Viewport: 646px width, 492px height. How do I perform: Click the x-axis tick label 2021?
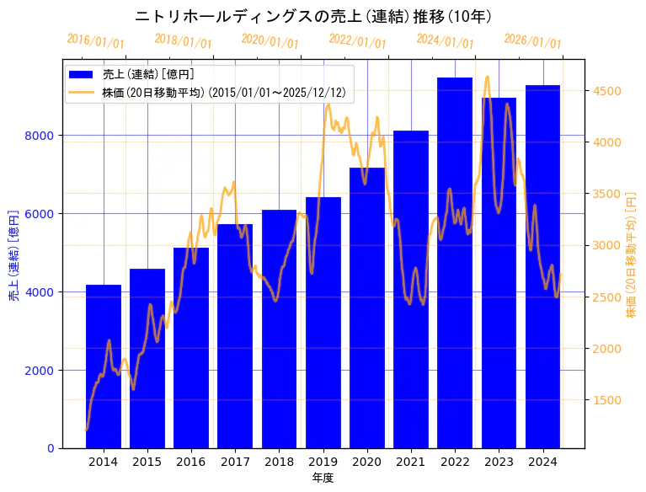tap(411, 462)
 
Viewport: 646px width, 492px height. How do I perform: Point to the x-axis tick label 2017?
tap(235, 462)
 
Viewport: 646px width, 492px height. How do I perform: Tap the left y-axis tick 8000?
tap(41, 136)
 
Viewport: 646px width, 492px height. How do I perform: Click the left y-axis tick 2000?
tap(41, 371)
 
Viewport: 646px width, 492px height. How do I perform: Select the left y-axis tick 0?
tap(51, 448)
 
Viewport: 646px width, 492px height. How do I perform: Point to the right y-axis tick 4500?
tap(609, 91)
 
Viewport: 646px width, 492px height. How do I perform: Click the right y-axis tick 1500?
tap(609, 400)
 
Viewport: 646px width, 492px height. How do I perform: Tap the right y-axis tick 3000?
tap(609, 245)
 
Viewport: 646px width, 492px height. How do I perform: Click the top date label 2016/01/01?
tap(95, 41)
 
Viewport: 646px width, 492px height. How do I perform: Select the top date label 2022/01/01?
tap(357, 41)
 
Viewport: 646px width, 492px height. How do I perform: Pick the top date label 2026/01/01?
tap(532, 41)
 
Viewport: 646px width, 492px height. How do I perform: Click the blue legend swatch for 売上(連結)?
tap(83, 75)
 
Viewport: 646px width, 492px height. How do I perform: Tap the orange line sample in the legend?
tap(83, 92)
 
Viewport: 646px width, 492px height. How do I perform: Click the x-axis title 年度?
tap(323, 478)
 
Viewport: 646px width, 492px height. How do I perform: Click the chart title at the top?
tap(313, 16)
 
